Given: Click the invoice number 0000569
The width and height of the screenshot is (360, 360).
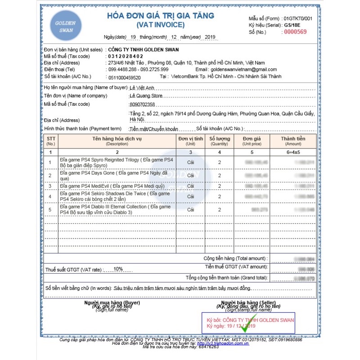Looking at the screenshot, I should pyautogui.click(x=295, y=32).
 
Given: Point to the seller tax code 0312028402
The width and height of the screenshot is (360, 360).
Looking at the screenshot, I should pyautogui.click(x=125, y=56).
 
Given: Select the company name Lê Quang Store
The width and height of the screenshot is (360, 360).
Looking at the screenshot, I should pyautogui.click(x=145, y=96).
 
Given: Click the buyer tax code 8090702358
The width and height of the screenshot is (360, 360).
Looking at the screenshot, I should pyautogui.click(x=142, y=104).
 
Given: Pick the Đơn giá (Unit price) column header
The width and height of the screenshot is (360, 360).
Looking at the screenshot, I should pyautogui.click(x=252, y=141).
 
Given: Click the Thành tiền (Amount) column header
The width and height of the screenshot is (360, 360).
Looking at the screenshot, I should pyautogui.click(x=293, y=141).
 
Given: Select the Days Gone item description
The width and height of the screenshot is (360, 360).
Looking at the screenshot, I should pyautogui.click(x=116, y=175).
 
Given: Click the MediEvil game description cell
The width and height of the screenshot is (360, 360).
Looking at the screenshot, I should pyautogui.click(x=116, y=186).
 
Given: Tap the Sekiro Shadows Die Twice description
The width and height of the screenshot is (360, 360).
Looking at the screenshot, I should pyautogui.click(x=116, y=196).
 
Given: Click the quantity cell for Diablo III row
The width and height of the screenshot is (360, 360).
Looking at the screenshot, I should pyautogui.click(x=219, y=210).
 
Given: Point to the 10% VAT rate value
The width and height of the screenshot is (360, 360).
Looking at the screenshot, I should pyautogui.click(x=118, y=269).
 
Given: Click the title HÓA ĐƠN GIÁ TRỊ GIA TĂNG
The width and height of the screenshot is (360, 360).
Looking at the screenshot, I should pyautogui.click(x=160, y=16).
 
